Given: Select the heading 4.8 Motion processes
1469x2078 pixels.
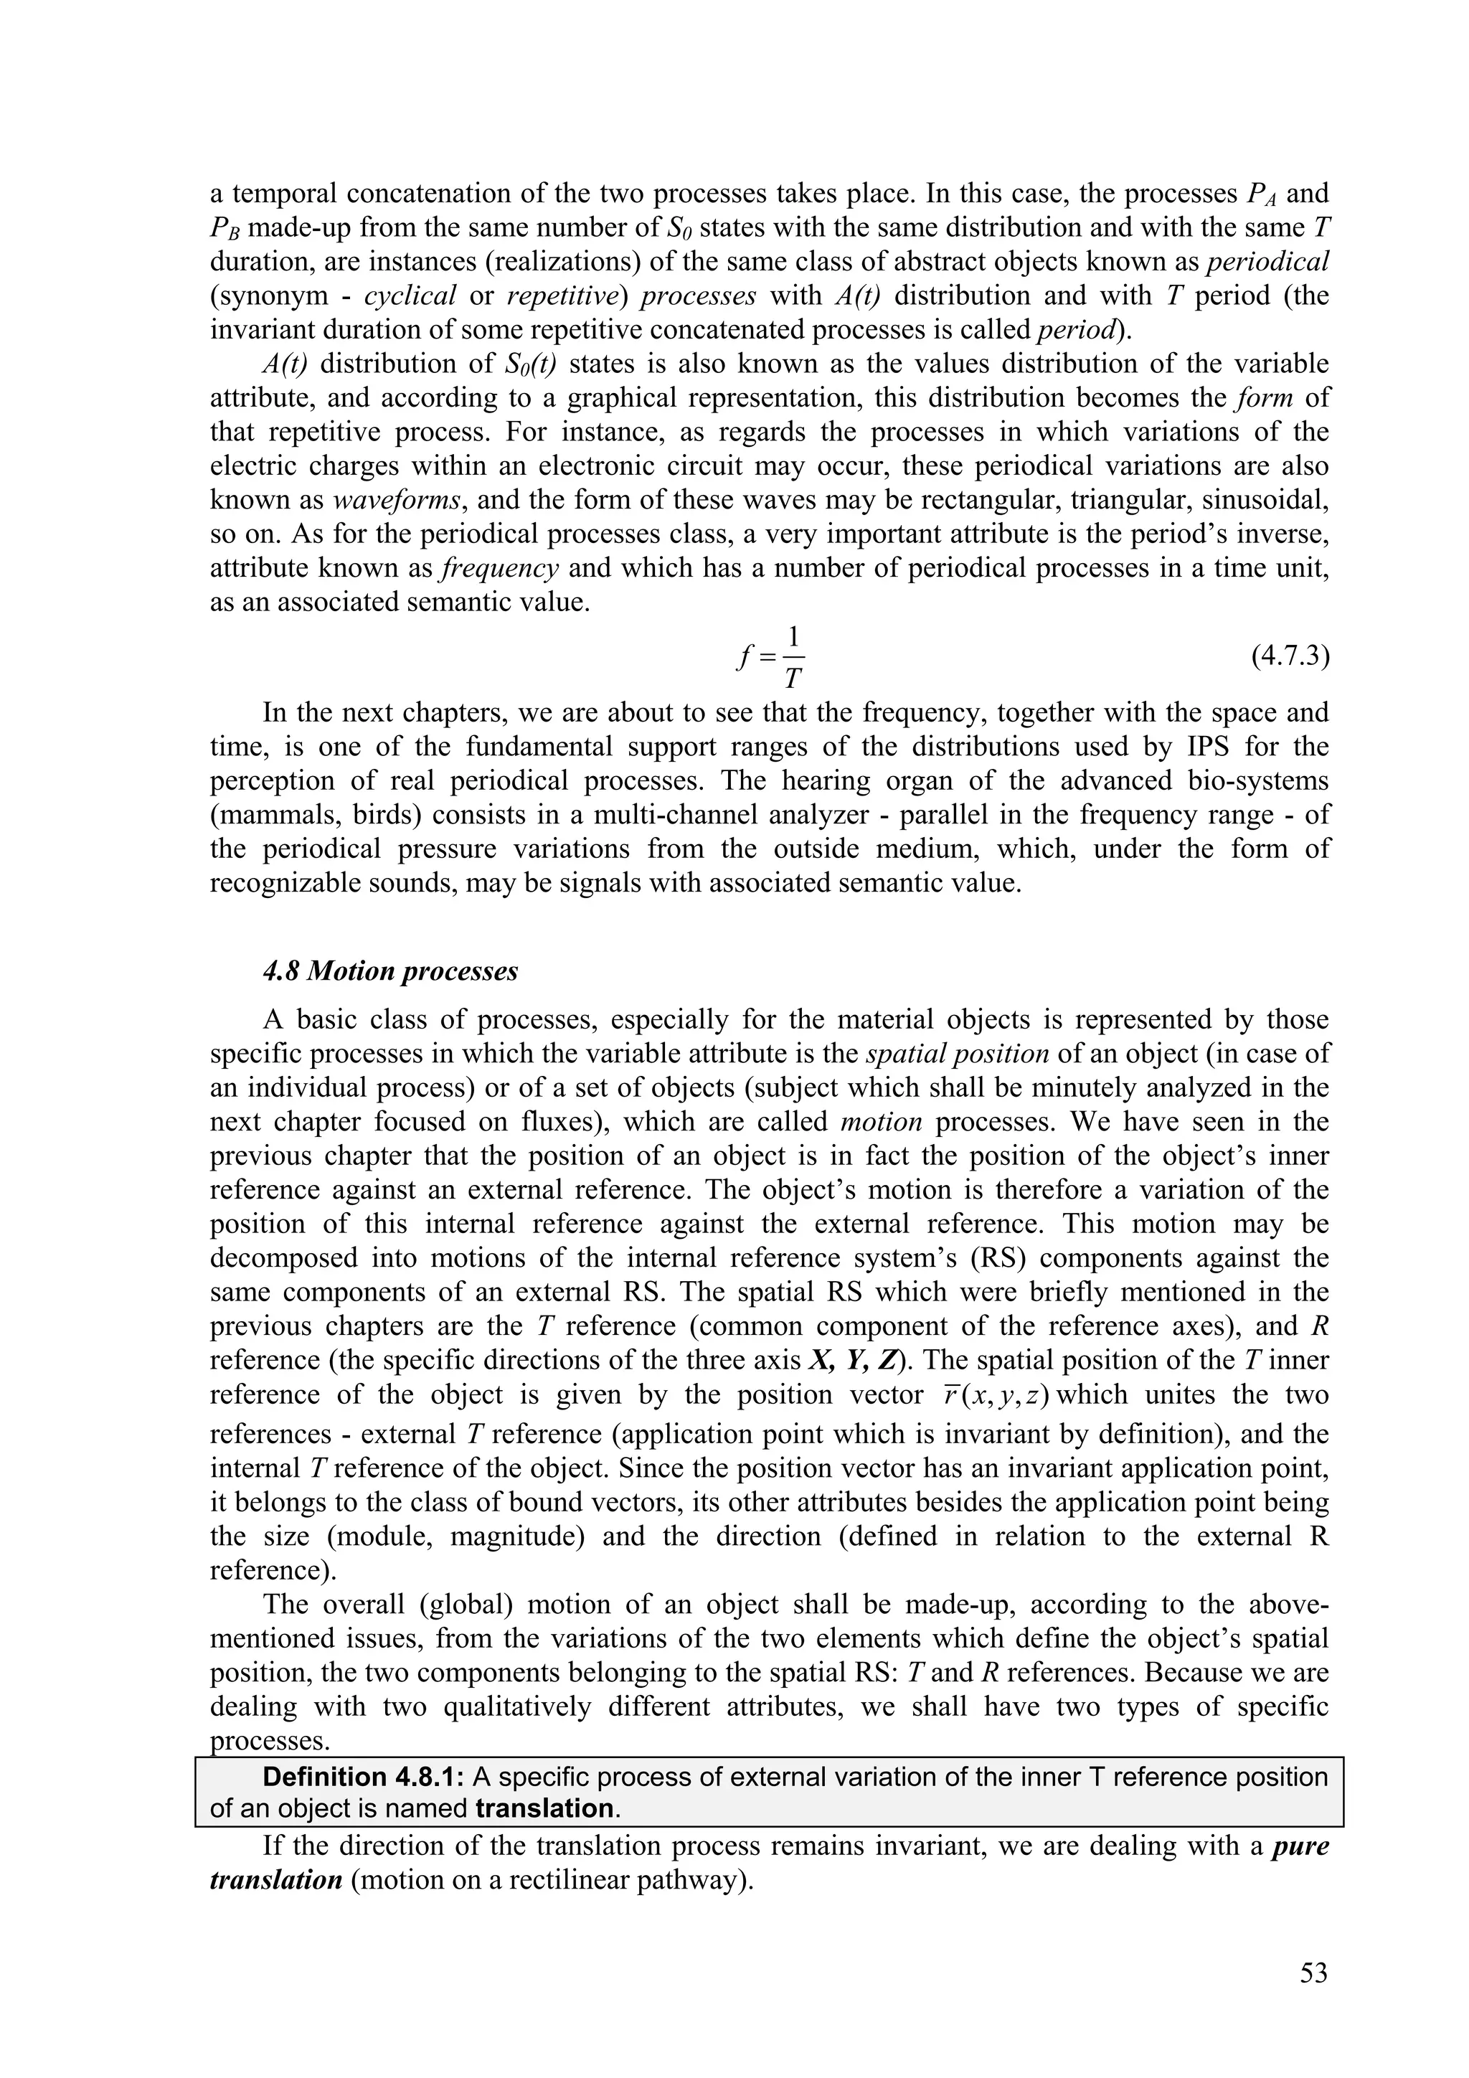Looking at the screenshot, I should [390, 971].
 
